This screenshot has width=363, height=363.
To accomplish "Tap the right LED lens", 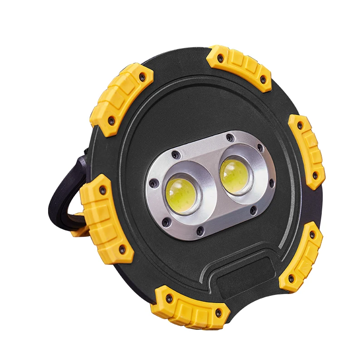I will (x=235, y=174).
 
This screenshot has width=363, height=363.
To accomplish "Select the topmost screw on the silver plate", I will (x=231, y=137).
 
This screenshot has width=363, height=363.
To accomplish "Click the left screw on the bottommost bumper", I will (x=169, y=299).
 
